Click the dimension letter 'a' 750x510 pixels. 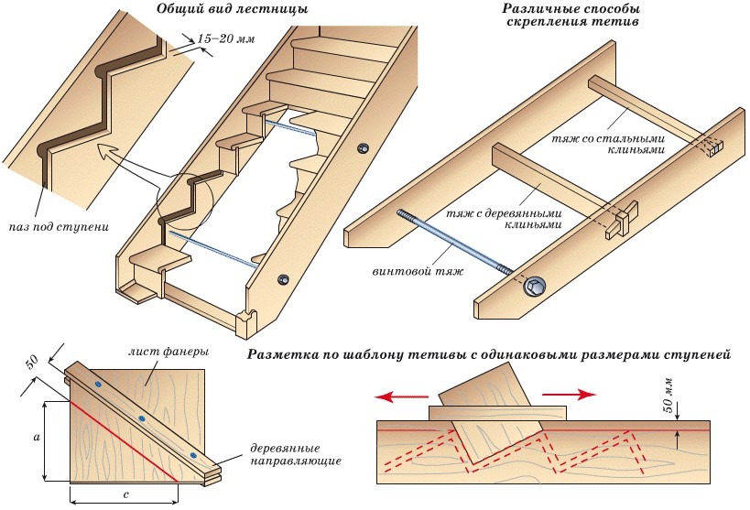35,439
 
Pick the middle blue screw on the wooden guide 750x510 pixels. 142,418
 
